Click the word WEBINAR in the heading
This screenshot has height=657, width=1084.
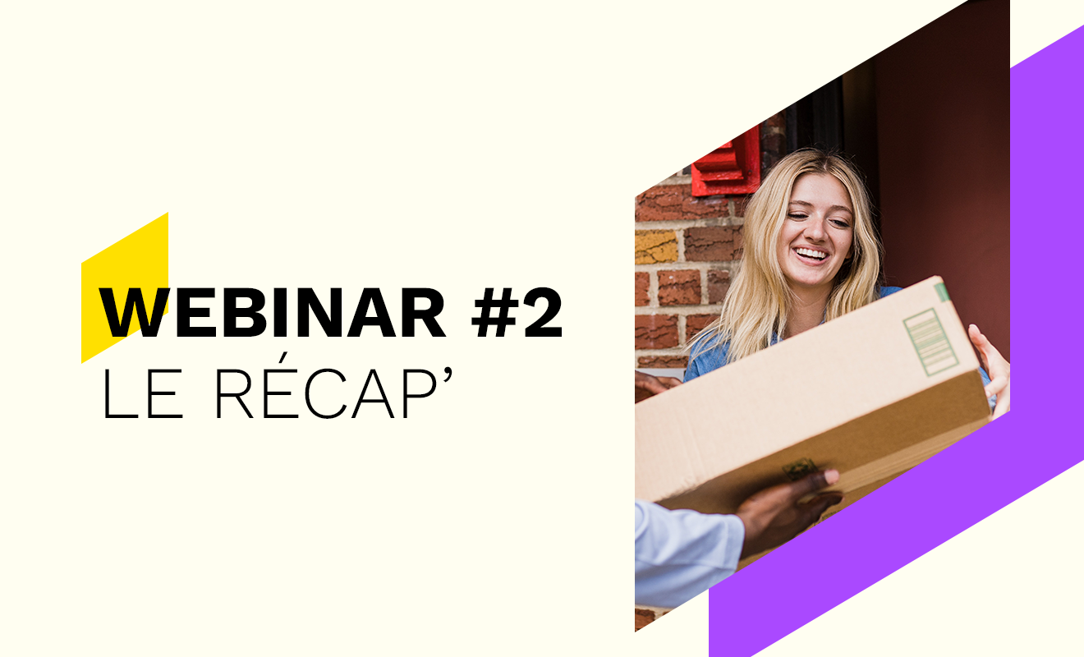coord(272,313)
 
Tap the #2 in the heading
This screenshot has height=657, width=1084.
coord(517,313)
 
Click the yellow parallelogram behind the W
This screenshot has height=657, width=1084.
coord(124,288)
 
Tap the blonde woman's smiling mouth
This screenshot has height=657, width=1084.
coord(812,255)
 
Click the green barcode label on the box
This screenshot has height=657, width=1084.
coord(930,342)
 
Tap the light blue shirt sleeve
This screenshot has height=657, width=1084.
coord(687,554)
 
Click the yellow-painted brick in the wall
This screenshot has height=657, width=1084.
coord(656,246)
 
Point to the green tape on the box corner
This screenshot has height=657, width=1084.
coord(942,292)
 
